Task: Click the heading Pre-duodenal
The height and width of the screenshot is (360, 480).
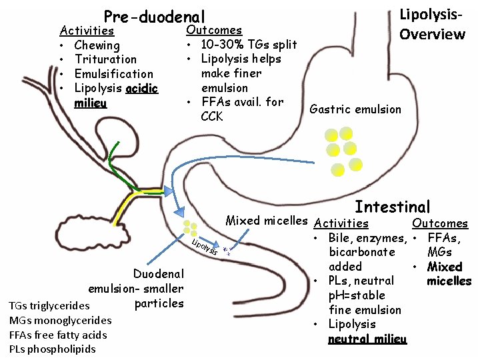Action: coord(154,17)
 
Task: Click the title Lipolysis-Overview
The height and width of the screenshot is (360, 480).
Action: coord(431,24)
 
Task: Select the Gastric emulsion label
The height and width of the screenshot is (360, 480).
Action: coord(356,109)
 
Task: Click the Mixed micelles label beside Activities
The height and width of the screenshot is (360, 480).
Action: coord(267,221)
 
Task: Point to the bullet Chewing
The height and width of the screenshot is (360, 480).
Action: coord(97,45)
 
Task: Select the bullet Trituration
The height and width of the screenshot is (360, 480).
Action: coord(105,59)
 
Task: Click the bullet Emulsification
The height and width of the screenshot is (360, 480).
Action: coord(113,74)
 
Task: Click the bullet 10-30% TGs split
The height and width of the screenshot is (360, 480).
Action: coord(248,45)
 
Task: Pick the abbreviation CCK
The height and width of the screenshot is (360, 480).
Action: coord(213,117)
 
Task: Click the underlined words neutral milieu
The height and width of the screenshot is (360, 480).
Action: coord(367,339)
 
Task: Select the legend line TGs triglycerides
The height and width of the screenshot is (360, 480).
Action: coord(49,306)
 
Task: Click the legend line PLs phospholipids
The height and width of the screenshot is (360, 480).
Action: coord(53,349)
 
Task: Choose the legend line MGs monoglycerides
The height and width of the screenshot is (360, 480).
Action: coord(60,320)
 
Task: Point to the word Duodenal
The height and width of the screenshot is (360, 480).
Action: coord(159,274)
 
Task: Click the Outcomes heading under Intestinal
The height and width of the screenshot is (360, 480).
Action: coord(440,224)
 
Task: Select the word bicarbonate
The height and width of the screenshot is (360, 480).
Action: coord(361,252)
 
